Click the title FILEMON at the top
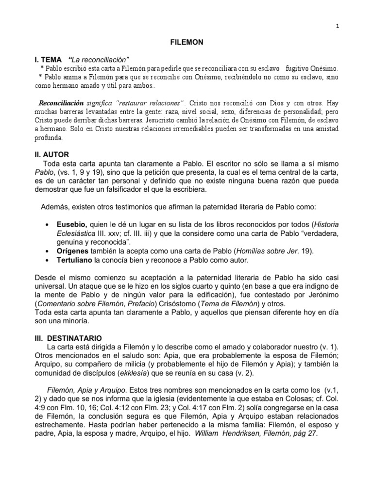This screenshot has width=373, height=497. tap(186, 43)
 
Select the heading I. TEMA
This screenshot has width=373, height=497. tap(48, 59)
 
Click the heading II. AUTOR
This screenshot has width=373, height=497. tap(51, 154)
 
